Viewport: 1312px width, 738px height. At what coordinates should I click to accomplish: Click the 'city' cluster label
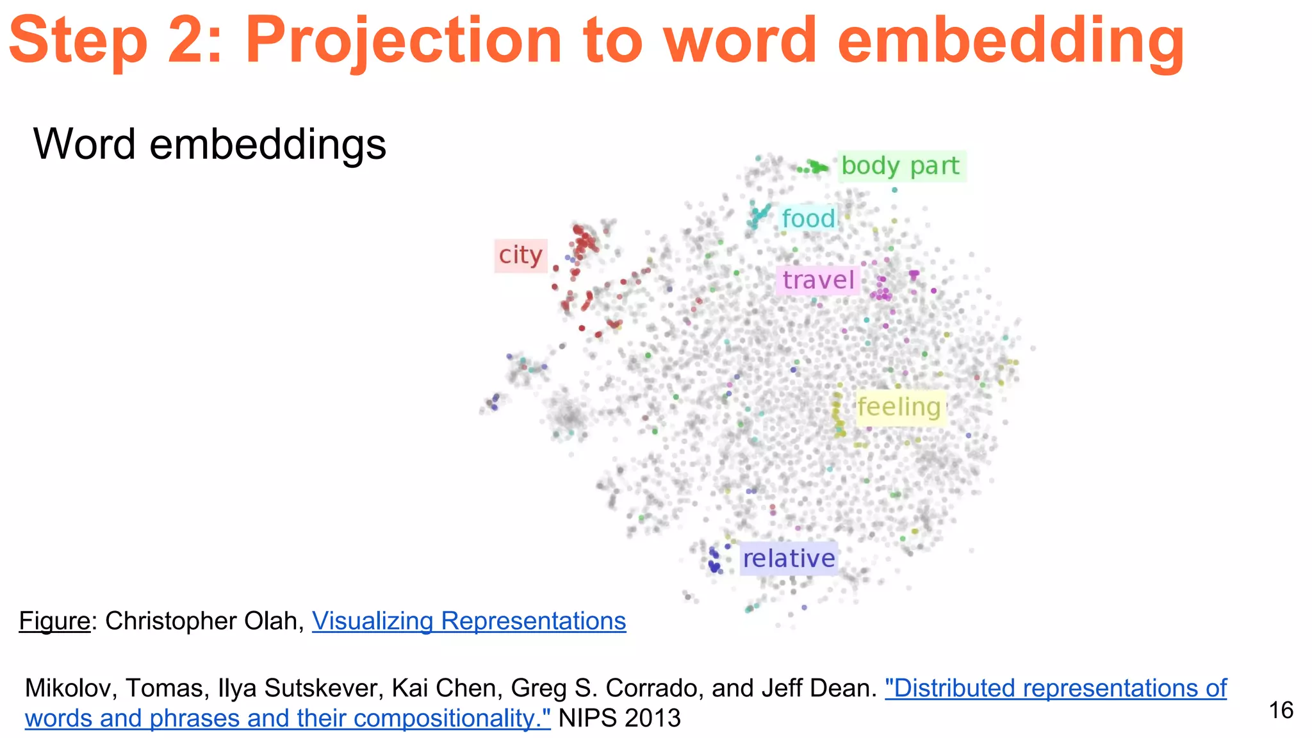click(x=520, y=256)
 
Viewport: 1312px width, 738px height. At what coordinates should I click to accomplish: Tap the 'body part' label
click(x=900, y=166)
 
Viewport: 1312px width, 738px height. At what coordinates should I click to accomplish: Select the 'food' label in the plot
click(x=808, y=218)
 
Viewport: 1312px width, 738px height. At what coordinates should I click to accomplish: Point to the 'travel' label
click(x=818, y=280)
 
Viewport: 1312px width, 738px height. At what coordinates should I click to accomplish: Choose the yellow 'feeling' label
click(x=899, y=407)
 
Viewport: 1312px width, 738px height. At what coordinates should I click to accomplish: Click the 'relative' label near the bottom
click(x=789, y=558)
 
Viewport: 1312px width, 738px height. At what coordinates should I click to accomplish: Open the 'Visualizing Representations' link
click(x=469, y=621)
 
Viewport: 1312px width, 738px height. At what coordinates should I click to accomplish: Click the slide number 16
click(x=1281, y=710)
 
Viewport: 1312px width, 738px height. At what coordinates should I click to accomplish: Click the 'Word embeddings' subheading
click(x=209, y=144)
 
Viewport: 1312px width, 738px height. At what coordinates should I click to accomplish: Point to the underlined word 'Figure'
click(x=54, y=621)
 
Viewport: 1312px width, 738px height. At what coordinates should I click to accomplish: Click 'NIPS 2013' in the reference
click(x=619, y=718)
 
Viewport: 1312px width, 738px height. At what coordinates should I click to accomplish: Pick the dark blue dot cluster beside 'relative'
click(x=714, y=561)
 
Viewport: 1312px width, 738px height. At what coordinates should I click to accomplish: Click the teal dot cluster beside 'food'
click(x=759, y=215)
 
